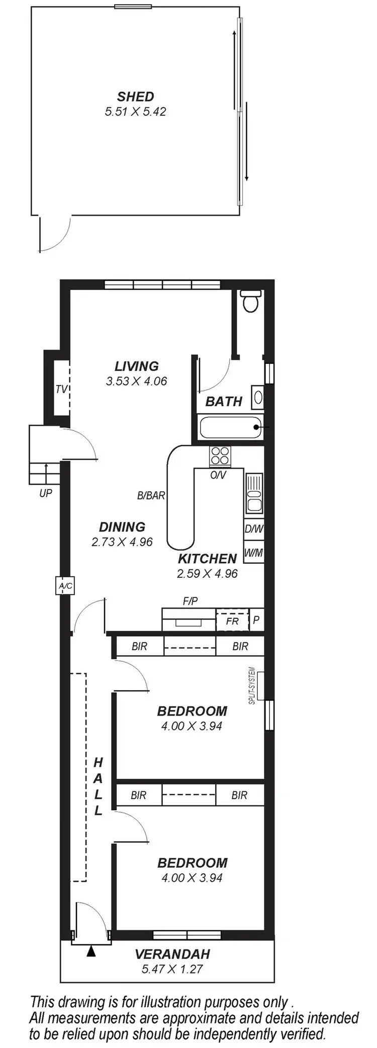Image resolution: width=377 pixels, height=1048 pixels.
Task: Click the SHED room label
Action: click(x=135, y=96)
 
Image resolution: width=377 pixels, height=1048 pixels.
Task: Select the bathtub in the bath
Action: click(x=231, y=427)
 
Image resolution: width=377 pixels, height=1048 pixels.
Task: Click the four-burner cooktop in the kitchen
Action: click(x=220, y=456)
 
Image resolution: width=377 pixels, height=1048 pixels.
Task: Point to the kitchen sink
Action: click(x=253, y=495)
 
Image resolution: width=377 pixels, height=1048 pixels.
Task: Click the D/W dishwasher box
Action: click(x=254, y=529)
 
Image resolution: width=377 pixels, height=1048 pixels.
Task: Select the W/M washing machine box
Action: click(x=253, y=553)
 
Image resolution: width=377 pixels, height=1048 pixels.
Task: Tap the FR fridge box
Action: click(x=232, y=621)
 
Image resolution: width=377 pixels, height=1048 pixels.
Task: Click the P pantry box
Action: click(x=256, y=620)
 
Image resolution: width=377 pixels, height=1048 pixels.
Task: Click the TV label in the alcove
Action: click(x=61, y=389)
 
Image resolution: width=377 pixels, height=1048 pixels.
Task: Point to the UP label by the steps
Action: click(x=46, y=493)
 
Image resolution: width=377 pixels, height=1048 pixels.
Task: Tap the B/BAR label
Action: click(x=151, y=495)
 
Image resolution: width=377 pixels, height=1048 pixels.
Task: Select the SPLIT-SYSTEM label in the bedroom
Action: click(x=252, y=686)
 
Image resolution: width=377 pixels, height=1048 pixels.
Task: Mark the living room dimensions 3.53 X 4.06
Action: click(x=136, y=381)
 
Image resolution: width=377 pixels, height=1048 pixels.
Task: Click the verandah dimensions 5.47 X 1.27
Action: click(x=172, y=969)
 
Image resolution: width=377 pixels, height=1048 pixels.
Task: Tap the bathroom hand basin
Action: click(x=258, y=397)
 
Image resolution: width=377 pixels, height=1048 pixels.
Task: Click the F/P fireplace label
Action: click(x=190, y=601)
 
